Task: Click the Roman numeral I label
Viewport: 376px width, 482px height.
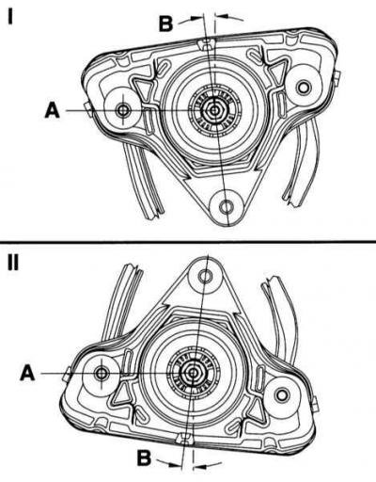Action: tap(10, 16)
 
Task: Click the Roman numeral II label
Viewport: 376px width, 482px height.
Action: tap(13, 263)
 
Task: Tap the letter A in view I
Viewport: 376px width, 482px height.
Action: tap(53, 110)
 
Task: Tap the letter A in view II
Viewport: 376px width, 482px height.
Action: tap(27, 373)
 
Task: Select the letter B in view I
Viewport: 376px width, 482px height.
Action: tap(166, 24)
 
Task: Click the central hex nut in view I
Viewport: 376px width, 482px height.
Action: tap(214, 110)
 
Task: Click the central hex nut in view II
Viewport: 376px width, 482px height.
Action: tap(193, 373)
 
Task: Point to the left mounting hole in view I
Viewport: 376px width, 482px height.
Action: tap(122, 110)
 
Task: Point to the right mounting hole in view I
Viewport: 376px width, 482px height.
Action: tap(303, 88)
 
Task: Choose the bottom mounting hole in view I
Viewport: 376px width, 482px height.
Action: tap(226, 207)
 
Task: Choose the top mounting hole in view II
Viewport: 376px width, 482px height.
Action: tap(206, 276)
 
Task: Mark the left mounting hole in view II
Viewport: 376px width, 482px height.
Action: tap(102, 373)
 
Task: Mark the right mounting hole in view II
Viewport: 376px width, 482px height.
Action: tap(282, 395)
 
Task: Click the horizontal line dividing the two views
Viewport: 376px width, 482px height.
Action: tap(188, 242)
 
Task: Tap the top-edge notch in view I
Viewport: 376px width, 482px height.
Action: tap(205, 44)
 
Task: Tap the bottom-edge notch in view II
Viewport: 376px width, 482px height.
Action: tap(184, 439)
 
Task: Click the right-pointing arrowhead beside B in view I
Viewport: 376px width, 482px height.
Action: tap(196, 18)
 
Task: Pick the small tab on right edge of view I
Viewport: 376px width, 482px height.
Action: tap(336, 77)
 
